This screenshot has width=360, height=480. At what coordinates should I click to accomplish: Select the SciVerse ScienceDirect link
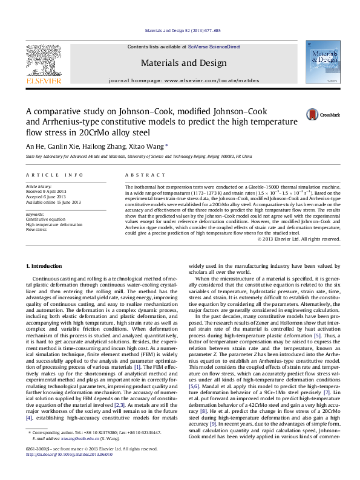214,47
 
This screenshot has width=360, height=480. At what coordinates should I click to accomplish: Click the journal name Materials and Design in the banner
179,62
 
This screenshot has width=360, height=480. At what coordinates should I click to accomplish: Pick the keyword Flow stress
36,230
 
